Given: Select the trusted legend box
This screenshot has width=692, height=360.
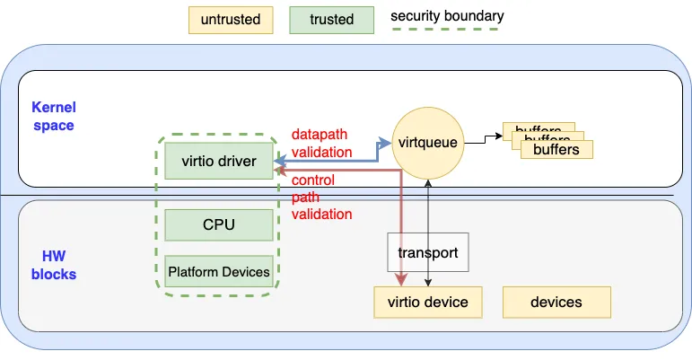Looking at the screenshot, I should [331, 19].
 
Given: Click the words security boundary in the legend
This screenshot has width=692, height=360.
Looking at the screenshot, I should [447, 15].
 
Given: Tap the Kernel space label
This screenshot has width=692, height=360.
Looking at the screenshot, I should [54, 116].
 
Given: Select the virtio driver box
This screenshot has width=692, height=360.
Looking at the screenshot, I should [219, 162].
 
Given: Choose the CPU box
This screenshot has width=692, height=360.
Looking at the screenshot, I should [219, 224].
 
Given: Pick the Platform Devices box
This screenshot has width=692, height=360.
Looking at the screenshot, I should [219, 272].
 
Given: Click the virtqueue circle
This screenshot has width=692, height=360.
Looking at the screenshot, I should [428, 142].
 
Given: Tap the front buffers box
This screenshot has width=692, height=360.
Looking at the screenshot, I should [556, 149].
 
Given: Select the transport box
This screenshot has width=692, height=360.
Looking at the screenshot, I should [428, 253].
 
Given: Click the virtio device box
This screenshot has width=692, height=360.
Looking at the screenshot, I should [426, 302].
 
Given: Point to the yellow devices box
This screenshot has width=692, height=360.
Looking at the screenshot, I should [556, 302].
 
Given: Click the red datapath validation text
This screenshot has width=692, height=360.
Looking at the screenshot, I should [321, 144].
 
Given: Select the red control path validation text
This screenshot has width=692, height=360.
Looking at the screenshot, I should [321, 198].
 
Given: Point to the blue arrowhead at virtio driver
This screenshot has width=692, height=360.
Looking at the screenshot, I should [280, 162].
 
